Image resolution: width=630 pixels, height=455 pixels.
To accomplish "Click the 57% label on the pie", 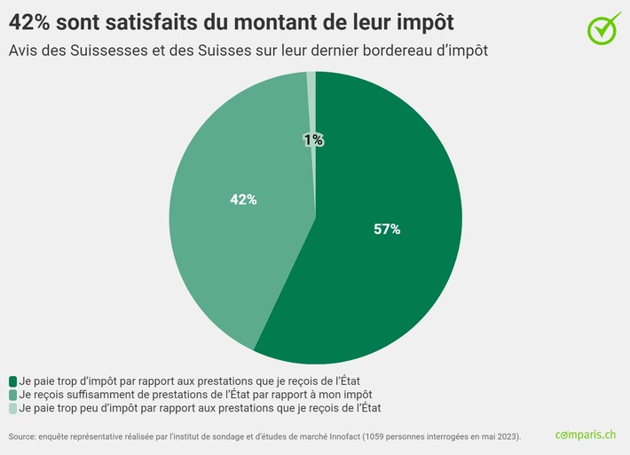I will [x=387, y=230].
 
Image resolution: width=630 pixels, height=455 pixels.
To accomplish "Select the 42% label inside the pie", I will [x=243, y=200].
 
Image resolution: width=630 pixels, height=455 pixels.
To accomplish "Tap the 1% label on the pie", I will [x=313, y=140].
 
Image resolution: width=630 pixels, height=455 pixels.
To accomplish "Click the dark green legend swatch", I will [x=12, y=380].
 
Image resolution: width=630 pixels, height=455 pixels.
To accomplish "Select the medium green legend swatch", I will [x=12, y=394].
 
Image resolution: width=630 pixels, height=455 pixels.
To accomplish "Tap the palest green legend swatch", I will [x=12, y=408].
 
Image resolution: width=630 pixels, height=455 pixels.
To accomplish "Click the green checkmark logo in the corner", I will [x=605, y=27].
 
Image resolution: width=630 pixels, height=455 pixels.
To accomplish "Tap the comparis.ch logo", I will [x=585, y=435].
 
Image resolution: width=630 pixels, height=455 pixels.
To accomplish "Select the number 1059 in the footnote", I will [x=382, y=437].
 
